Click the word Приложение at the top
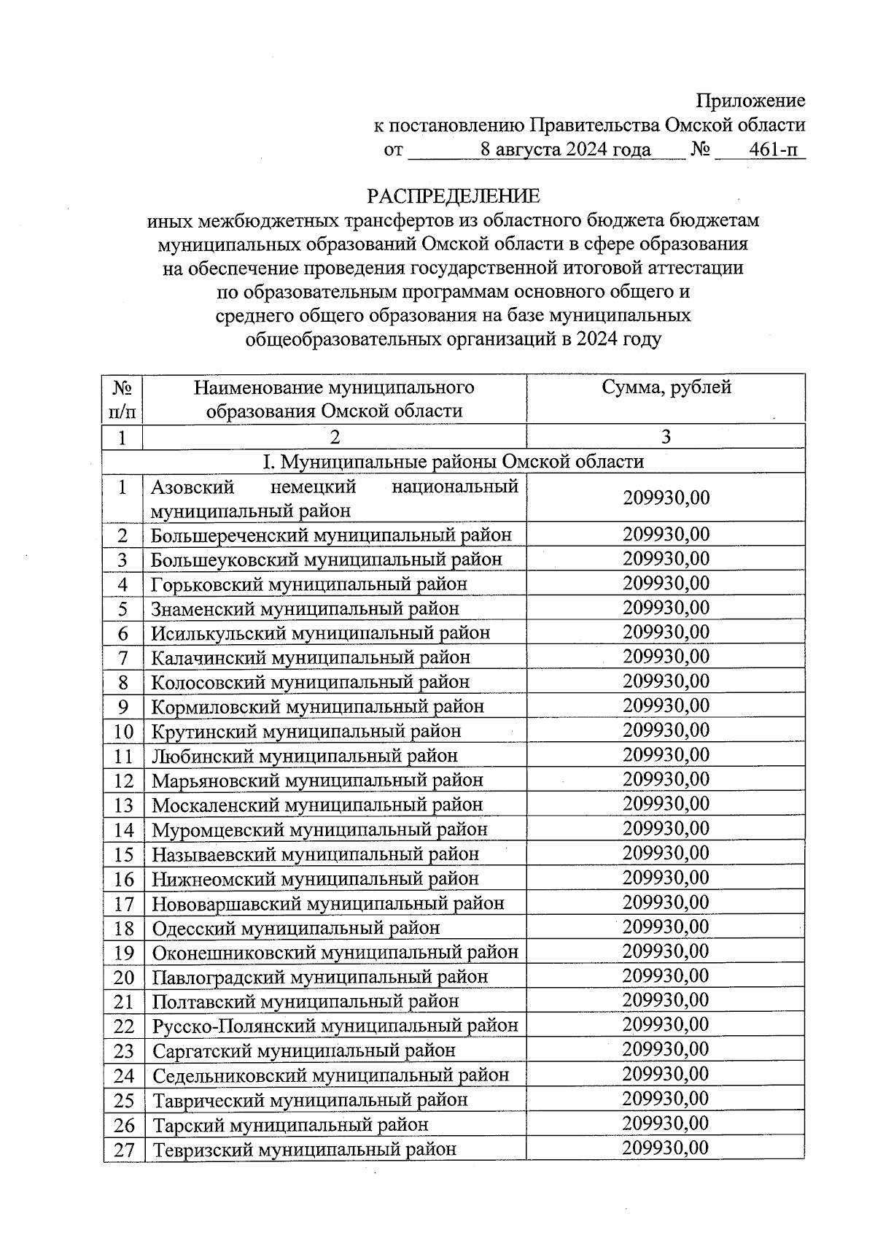pyautogui.click(x=750, y=101)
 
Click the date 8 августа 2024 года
pyautogui.click(x=565, y=150)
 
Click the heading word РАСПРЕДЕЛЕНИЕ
pyautogui.click(x=453, y=196)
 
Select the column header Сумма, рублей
pyautogui.click(x=666, y=387)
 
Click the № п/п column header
pyautogui.click(x=122, y=398)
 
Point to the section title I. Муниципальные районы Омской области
pyautogui.click(x=453, y=461)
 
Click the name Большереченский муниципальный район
pyautogui.click(x=331, y=535)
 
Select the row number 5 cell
pyautogui.click(x=122, y=608)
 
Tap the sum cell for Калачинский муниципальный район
pyautogui.click(x=666, y=657)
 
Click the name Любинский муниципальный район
pyautogui.click(x=304, y=755)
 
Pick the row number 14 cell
pyautogui.click(x=123, y=829)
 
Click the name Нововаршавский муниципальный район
pyautogui.click(x=327, y=903)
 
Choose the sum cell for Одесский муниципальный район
pyautogui.click(x=666, y=926)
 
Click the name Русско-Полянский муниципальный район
pyautogui.click(x=335, y=1025)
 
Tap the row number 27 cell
pyautogui.click(x=123, y=1149)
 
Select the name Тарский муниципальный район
pyautogui.click(x=289, y=1124)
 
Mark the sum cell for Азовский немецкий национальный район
pyautogui.click(x=666, y=498)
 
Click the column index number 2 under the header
pyautogui.click(x=334, y=436)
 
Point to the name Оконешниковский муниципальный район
pyautogui.click(x=335, y=952)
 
